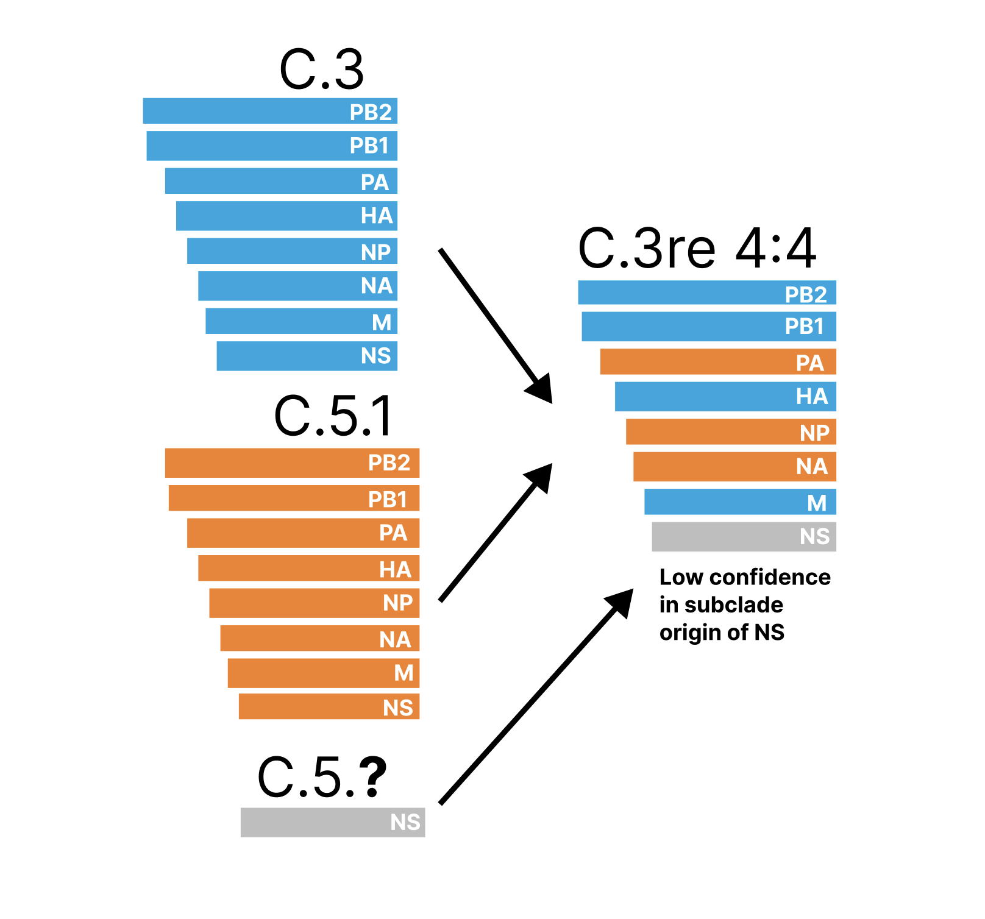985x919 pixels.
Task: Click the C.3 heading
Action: (x=321, y=69)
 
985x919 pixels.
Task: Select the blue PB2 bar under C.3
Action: (x=270, y=111)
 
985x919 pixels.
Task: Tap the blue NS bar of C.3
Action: (x=307, y=356)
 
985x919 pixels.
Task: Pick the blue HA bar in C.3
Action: (x=286, y=216)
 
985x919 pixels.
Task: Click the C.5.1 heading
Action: (x=333, y=416)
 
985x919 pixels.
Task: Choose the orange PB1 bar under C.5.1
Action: (x=293, y=498)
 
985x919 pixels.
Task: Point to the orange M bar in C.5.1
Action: (x=323, y=673)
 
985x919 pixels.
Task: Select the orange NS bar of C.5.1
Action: (x=329, y=706)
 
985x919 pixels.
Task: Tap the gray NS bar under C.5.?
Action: (x=332, y=822)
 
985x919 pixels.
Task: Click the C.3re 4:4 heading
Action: (x=697, y=248)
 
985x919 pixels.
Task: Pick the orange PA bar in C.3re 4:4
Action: (x=717, y=361)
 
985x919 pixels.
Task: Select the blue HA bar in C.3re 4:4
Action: (x=725, y=396)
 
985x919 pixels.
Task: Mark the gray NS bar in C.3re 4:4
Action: (x=743, y=536)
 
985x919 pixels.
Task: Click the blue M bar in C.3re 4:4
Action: (x=739, y=502)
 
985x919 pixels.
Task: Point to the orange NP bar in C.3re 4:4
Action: (x=730, y=431)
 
